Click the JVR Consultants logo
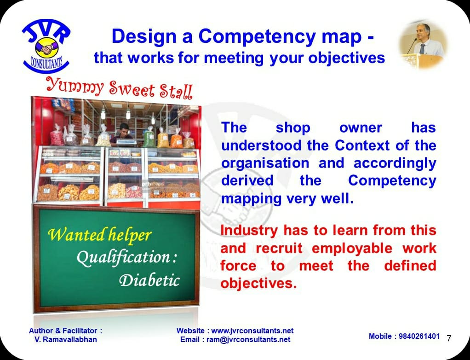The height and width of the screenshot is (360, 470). pos(46,46)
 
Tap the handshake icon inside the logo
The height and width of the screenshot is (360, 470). pos(47,48)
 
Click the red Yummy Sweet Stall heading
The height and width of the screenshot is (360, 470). pos(119,88)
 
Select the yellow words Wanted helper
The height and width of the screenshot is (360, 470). pos(99,234)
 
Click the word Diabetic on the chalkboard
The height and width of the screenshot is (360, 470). pos(149,280)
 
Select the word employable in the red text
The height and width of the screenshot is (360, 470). pos(352,249)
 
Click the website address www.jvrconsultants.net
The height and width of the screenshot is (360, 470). pos(252,331)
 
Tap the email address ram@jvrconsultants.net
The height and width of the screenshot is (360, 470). pos(248,339)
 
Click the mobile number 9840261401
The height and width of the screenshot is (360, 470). pos(419,337)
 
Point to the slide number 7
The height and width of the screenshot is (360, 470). pos(449,338)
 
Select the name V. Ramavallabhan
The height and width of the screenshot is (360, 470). pos(66,339)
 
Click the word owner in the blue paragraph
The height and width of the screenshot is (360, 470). pos(361,128)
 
